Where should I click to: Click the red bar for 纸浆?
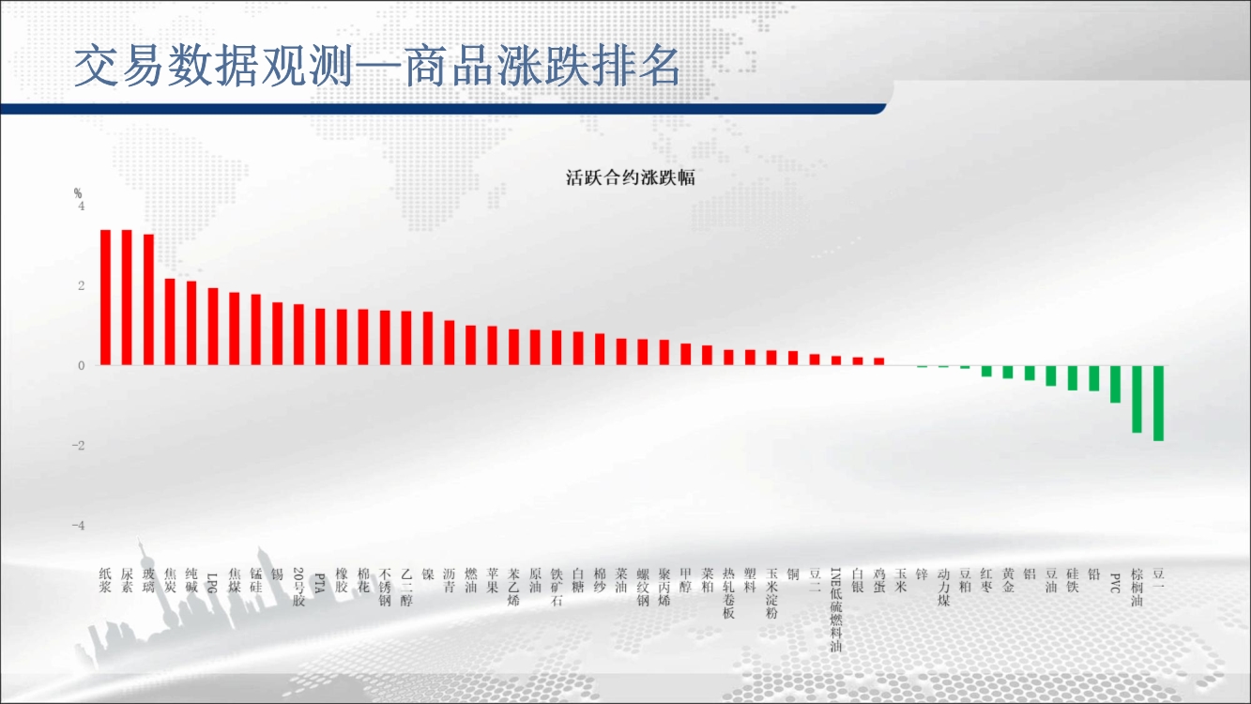(x=105, y=298)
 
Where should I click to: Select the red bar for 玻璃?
(x=148, y=299)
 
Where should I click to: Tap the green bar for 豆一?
(x=1158, y=404)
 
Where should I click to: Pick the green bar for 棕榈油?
(x=1137, y=400)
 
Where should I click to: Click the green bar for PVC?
(x=1115, y=385)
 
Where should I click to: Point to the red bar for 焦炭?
(x=170, y=322)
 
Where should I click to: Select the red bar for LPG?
(x=213, y=327)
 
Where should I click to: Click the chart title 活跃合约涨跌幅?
(x=630, y=177)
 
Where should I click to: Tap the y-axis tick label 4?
(x=82, y=207)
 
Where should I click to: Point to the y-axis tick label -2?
(x=78, y=446)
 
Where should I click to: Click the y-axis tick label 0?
(x=82, y=366)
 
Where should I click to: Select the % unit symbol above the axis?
(x=78, y=193)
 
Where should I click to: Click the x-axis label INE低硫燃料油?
(x=835, y=609)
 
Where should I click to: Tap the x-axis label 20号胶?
(x=298, y=587)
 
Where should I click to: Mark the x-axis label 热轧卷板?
(x=728, y=593)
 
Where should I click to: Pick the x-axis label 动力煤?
(x=943, y=587)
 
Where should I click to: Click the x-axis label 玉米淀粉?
(x=771, y=593)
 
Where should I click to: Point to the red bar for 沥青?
(x=449, y=343)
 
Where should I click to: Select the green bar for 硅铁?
(x=1073, y=378)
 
